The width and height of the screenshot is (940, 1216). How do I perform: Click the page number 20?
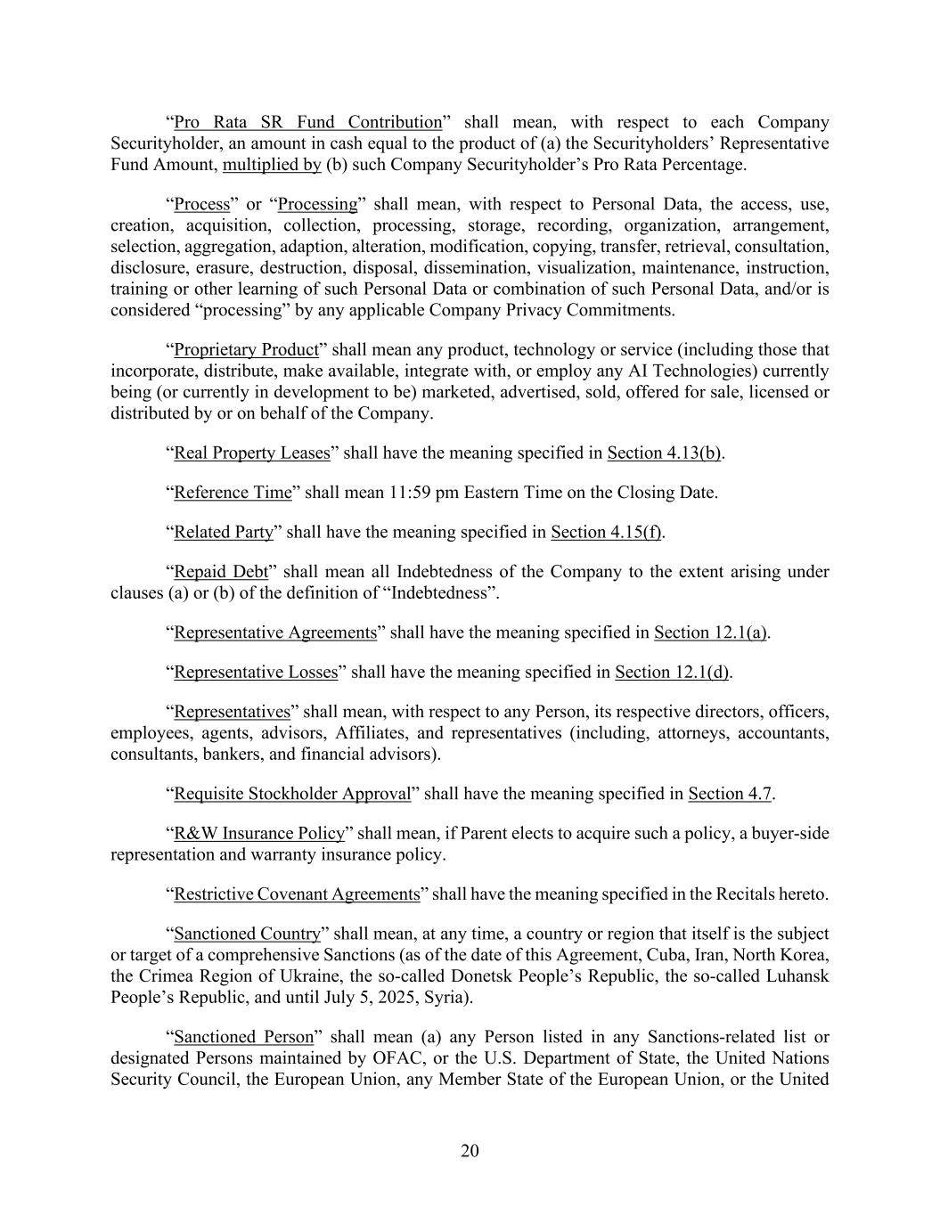470,1151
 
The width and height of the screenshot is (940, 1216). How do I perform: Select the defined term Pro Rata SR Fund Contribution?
307,122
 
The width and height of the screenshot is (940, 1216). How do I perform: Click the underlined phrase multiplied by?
272,165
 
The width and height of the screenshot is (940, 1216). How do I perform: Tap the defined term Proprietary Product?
246,349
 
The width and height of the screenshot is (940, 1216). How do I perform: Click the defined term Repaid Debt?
221,571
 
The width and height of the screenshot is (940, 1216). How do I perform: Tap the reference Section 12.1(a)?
711,632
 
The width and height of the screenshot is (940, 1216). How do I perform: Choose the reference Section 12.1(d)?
673,672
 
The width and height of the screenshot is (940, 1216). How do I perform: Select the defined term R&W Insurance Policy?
258,833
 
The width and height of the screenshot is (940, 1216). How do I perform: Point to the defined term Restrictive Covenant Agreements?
297,894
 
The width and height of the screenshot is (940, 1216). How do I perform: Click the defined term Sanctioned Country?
247,934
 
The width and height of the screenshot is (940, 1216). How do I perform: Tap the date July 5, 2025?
380,997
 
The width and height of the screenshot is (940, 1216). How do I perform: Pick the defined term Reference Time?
233,493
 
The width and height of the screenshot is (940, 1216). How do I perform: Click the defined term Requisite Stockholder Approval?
292,794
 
